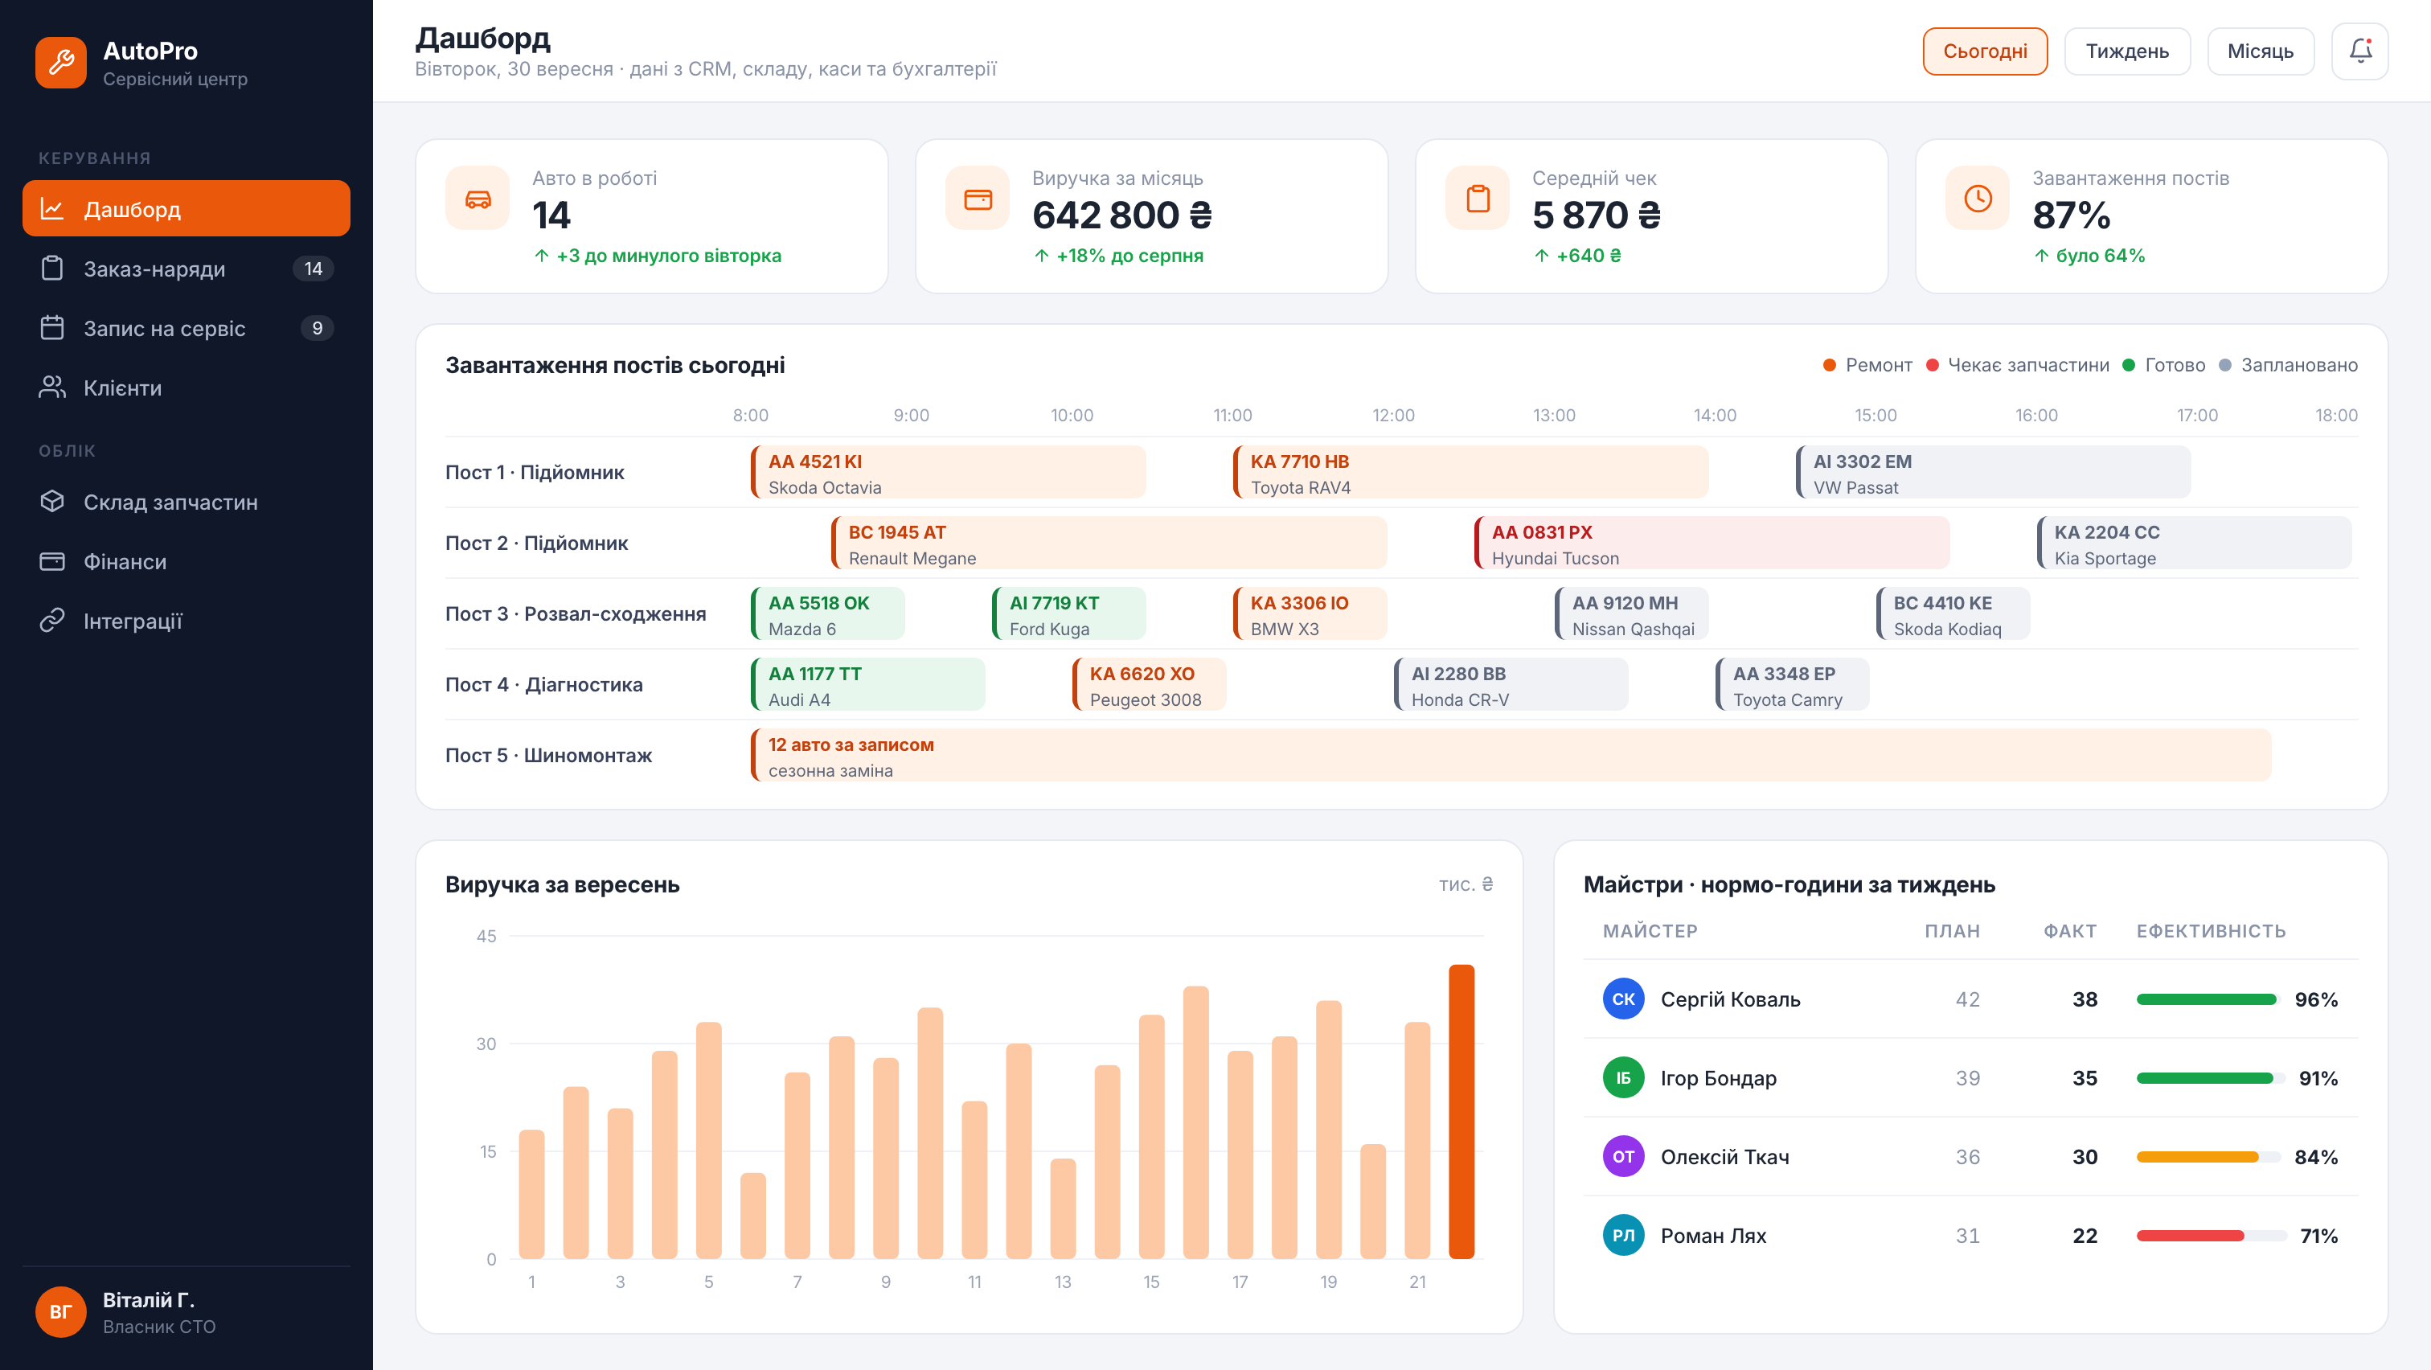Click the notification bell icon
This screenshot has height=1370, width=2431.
pyautogui.click(x=2359, y=51)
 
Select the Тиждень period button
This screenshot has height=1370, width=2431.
pyautogui.click(x=2126, y=51)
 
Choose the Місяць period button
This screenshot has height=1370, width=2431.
pyautogui.click(x=2261, y=51)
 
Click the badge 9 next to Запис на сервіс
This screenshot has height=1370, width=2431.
pyautogui.click(x=317, y=328)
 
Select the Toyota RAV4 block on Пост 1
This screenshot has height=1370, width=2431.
pyautogui.click(x=1470, y=473)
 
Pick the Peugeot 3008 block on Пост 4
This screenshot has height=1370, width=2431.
pyautogui.click(x=1149, y=685)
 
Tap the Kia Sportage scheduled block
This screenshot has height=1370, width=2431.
pyautogui.click(x=2193, y=543)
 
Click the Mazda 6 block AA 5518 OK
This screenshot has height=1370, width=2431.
pyautogui.click(x=828, y=614)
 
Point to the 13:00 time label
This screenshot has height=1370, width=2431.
pyautogui.click(x=1553, y=415)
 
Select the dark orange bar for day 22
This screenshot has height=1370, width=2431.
pyautogui.click(x=1461, y=1111)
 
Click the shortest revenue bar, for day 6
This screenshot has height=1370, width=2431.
pyautogui.click(x=753, y=1216)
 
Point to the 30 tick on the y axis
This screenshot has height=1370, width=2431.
pyautogui.click(x=486, y=1044)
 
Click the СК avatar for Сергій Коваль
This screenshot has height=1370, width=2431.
pyautogui.click(x=1623, y=999)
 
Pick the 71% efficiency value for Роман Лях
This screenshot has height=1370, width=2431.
pyautogui.click(x=2318, y=1236)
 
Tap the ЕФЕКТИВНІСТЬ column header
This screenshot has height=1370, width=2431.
pyautogui.click(x=2211, y=931)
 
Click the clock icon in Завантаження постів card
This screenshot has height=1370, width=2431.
pyautogui.click(x=1978, y=198)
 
